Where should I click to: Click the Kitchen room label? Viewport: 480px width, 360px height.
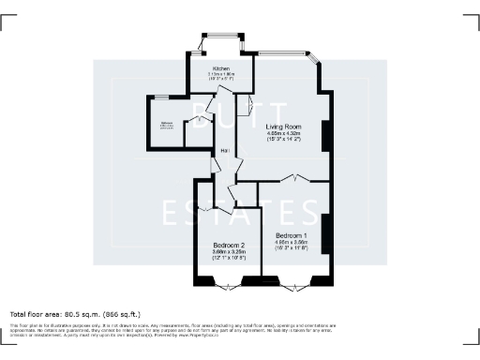click(222, 69)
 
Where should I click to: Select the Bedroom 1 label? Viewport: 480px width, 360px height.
click(292, 234)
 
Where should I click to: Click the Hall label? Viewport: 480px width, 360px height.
click(225, 152)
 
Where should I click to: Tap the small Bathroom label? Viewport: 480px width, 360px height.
click(166, 123)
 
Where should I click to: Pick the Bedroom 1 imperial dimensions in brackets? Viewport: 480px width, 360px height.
click(292, 248)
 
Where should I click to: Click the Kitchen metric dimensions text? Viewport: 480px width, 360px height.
click(222, 75)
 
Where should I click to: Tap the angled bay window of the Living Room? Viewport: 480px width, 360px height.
click(314, 64)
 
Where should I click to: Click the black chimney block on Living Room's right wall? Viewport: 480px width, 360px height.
click(325, 137)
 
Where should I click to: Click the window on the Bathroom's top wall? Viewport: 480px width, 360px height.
click(161, 97)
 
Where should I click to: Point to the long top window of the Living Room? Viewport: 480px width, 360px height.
click(279, 52)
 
